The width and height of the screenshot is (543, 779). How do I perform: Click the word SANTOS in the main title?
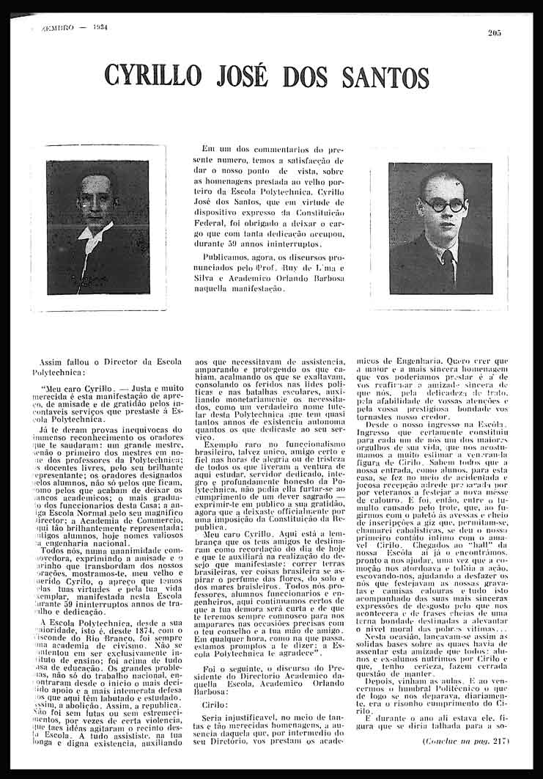[387, 76]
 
